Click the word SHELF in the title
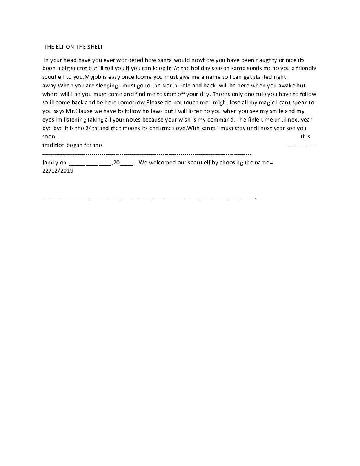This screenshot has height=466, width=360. pos(95,47)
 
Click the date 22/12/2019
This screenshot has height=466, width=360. pos(58,171)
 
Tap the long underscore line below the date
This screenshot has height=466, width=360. pos(149,199)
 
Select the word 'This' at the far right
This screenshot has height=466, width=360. pos(305,137)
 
